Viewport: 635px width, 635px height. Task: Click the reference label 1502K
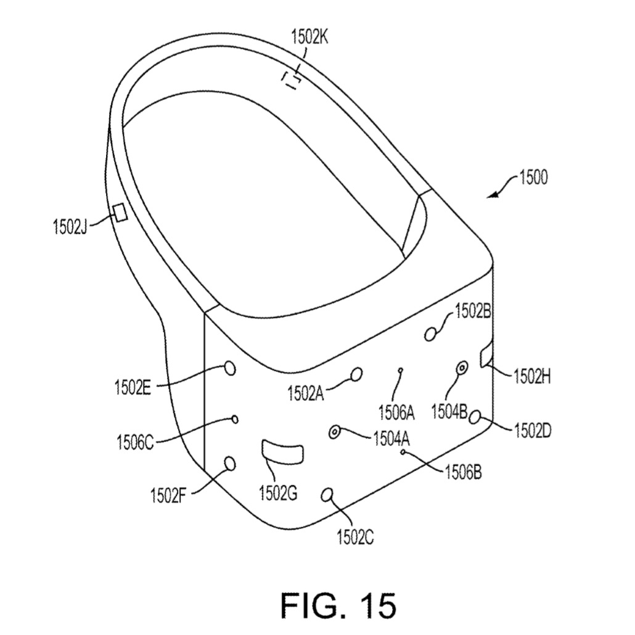click(309, 37)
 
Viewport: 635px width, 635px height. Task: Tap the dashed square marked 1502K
click(292, 80)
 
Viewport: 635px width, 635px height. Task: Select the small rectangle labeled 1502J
click(120, 213)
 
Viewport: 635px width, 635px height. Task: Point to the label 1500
click(533, 178)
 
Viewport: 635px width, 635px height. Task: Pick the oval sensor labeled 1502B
click(430, 335)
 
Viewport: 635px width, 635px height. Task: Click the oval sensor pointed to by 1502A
click(357, 374)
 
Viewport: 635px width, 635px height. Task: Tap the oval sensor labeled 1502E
click(230, 369)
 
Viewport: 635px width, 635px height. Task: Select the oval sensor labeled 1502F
click(229, 463)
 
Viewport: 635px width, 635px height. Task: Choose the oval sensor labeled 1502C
click(327, 495)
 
